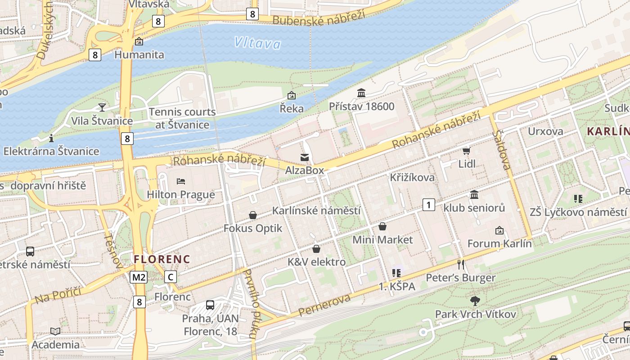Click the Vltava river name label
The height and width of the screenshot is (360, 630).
pyautogui.click(x=257, y=43)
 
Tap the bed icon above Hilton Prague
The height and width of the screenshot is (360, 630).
pyautogui.click(x=181, y=181)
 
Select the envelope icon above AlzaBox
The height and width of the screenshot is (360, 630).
pyautogui.click(x=305, y=157)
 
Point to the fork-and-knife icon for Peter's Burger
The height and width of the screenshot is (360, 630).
pyautogui.click(x=460, y=264)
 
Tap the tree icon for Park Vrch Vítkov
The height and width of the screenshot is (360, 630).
pyautogui.click(x=475, y=300)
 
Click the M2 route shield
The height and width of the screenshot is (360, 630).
pyautogui.click(x=139, y=277)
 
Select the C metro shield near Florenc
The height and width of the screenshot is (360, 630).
pyautogui.click(x=171, y=277)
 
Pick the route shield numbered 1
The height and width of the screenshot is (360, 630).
pyautogui.click(x=428, y=205)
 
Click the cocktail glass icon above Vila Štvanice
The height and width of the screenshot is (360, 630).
pyautogui.click(x=102, y=107)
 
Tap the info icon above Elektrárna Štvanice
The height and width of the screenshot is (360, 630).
pyautogui.click(x=51, y=138)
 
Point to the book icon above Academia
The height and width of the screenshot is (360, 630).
pyautogui.click(x=55, y=331)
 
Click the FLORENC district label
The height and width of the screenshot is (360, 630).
pyautogui.click(x=162, y=259)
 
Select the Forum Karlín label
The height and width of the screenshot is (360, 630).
pyautogui.click(x=499, y=244)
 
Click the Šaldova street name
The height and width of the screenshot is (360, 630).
pyautogui.click(x=502, y=150)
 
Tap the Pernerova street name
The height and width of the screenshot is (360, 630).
pyautogui.click(x=324, y=305)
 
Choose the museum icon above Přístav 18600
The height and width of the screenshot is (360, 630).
pyautogui.click(x=361, y=93)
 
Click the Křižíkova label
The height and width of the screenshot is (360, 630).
pyautogui.click(x=412, y=177)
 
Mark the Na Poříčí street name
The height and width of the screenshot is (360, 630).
pyautogui.click(x=58, y=294)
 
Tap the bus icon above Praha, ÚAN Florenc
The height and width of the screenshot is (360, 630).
pyautogui.click(x=210, y=305)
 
